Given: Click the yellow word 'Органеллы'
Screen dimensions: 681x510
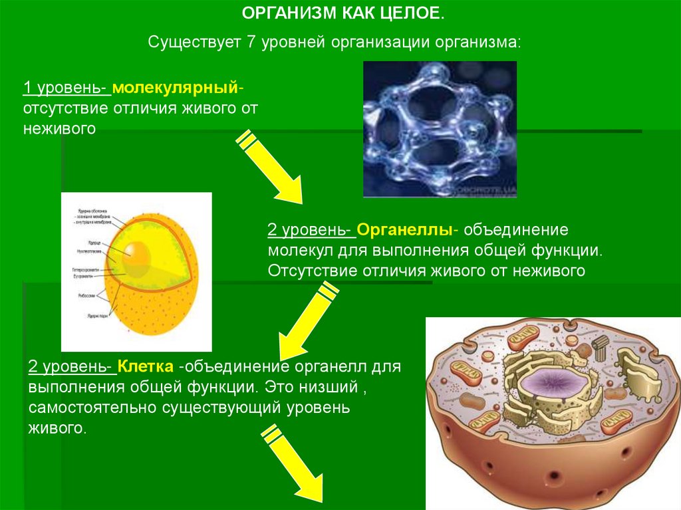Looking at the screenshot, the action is coord(405,231).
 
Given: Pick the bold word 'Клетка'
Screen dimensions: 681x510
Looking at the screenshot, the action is coord(146,367).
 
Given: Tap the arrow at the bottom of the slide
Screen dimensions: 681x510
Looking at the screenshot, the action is coord(293,465).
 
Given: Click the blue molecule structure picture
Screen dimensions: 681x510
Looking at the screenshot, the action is coord(440,129).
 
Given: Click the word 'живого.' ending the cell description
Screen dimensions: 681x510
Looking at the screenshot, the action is coord(57,427).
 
